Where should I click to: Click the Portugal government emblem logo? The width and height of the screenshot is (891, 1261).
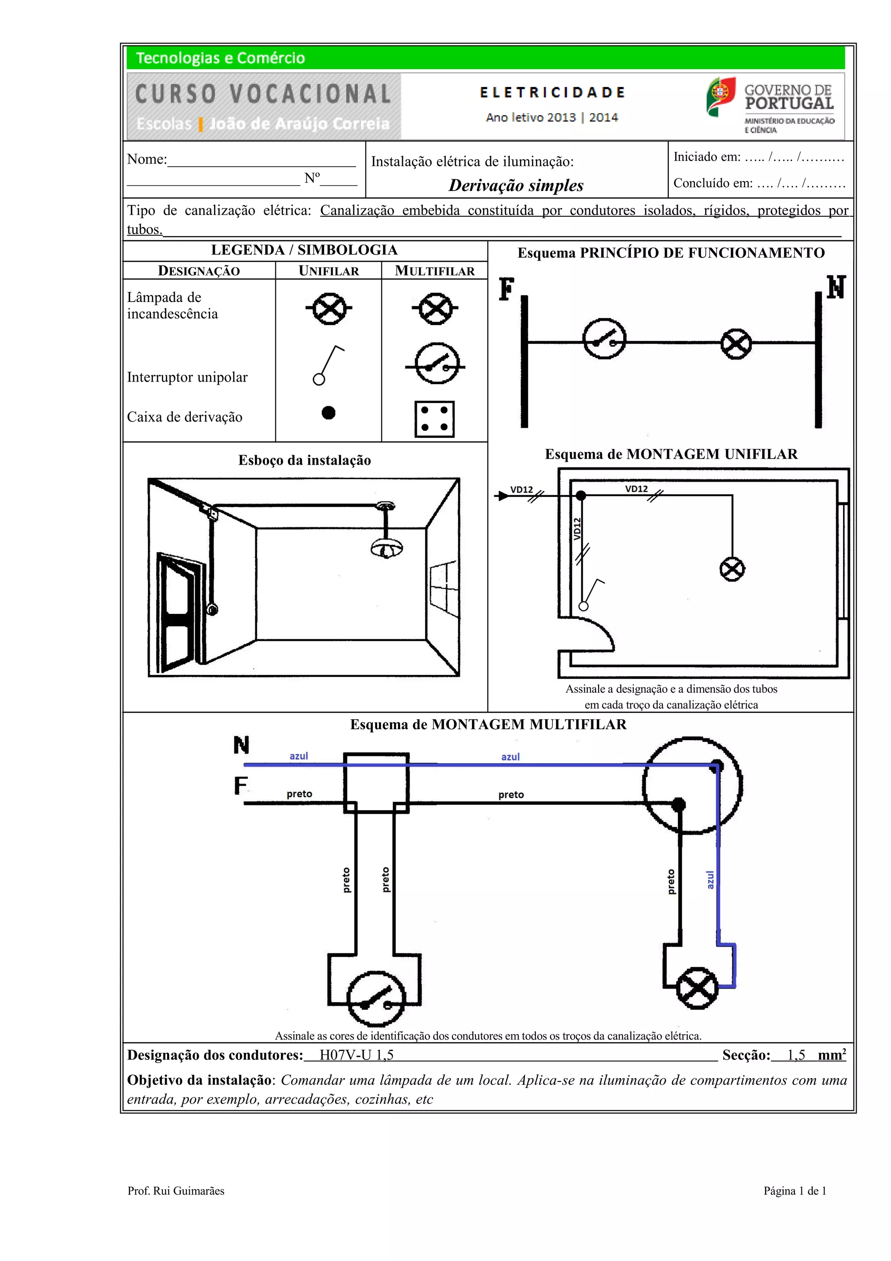click(720, 97)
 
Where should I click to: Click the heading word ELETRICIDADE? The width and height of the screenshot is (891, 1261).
click(552, 93)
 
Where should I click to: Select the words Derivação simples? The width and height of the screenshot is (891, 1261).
click(516, 186)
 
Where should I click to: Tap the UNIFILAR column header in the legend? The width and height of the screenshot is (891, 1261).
click(328, 271)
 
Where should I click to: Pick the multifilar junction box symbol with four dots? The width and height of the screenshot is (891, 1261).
click(434, 419)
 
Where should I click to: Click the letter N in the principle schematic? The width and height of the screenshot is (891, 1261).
click(836, 287)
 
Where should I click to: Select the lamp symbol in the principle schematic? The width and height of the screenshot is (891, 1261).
click(736, 344)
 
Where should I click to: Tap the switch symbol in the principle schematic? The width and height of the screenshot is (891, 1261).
click(604, 339)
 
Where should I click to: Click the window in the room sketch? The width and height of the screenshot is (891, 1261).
click(444, 589)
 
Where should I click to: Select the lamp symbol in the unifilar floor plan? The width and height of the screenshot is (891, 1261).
click(732, 569)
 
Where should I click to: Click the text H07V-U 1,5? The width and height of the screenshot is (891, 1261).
click(356, 1055)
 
